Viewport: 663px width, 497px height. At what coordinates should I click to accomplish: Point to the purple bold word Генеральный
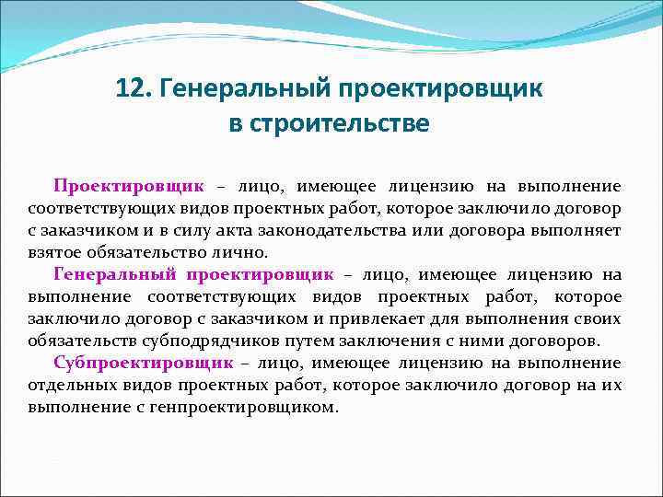116,274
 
